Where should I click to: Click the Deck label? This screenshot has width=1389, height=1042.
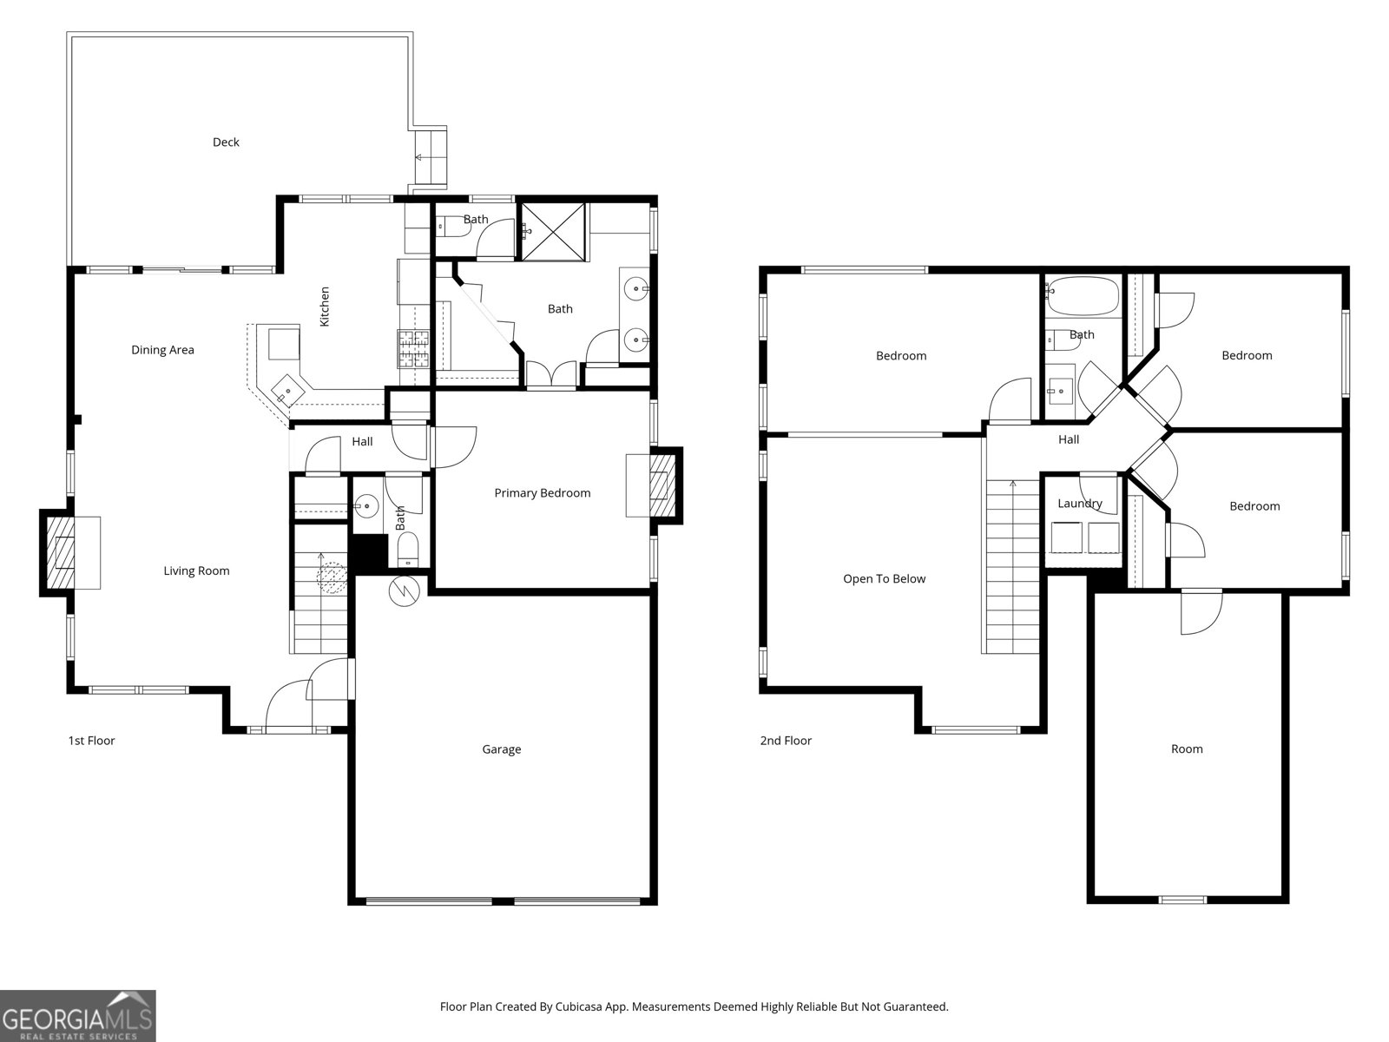(226, 142)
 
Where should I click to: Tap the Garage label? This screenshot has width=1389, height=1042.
(501, 749)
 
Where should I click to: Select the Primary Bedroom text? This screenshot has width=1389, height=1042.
(542, 493)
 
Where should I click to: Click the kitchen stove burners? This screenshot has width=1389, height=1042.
(414, 348)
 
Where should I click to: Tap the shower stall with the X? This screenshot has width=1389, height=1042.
(553, 231)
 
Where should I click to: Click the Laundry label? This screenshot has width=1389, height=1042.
(1079, 504)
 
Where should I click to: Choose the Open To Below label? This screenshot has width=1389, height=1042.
(884, 579)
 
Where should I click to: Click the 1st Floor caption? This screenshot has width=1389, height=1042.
(91, 741)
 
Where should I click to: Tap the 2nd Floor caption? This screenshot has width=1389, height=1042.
(786, 741)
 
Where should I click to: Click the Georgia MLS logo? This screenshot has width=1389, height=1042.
(77, 1015)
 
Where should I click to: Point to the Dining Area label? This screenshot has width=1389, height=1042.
(162, 350)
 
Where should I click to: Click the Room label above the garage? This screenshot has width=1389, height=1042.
(1186, 749)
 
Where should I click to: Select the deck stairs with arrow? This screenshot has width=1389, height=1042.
(430, 158)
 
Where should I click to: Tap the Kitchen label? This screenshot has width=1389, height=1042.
(325, 307)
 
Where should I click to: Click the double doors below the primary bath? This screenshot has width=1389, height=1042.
(551, 374)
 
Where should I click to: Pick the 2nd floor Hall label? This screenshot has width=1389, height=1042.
(1069, 440)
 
